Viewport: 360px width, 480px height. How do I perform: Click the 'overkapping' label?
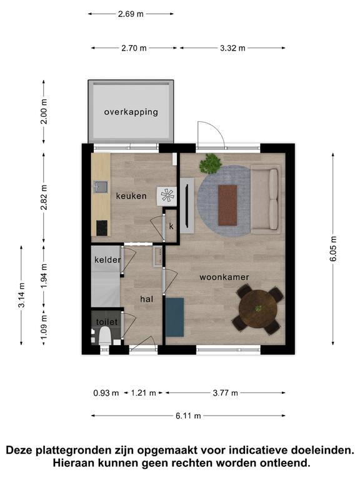point(131,112)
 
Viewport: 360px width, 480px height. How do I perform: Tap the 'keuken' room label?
point(131,196)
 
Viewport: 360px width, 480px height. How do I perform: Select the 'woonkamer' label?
point(224,277)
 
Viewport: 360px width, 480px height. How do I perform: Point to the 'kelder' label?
point(107,260)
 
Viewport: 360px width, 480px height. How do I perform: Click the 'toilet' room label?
point(107,322)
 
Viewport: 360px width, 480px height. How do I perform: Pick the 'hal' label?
point(147,299)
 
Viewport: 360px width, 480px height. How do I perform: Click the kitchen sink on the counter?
point(101,187)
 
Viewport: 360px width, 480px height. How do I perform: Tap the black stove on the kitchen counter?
point(102,228)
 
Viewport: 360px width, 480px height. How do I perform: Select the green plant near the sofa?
point(211,163)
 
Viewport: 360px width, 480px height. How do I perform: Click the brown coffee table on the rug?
point(227,205)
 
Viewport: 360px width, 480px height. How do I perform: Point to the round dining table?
point(258,309)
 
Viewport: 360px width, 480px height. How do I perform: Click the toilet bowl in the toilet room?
point(105,335)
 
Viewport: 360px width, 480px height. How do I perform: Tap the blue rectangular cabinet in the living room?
point(175,317)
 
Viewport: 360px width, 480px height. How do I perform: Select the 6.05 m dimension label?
point(333,249)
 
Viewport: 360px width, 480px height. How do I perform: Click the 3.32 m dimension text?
point(232,48)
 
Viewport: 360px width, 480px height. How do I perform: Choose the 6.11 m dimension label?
point(188,416)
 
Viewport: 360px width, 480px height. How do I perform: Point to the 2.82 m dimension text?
point(44,197)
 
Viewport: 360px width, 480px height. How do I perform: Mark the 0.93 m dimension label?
point(106,392)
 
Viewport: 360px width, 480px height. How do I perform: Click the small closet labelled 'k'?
point(171,226)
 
